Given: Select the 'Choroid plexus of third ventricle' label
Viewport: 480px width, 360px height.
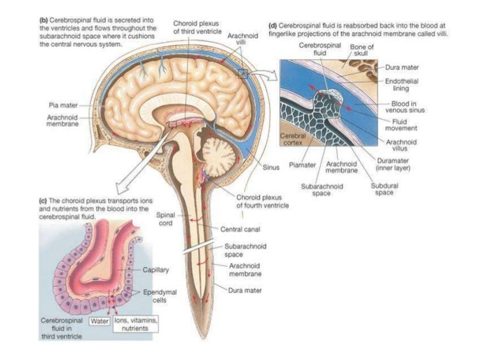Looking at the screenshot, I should [193, 26].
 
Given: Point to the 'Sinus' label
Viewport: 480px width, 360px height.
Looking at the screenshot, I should [271, 167].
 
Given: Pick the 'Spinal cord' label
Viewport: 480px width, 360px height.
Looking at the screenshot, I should [165, 218].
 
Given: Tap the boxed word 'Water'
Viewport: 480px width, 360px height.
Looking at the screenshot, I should [100, 322].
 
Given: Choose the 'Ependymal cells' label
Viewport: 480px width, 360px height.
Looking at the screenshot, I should [155, 295].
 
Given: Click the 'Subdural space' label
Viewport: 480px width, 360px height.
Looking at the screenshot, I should [384, 189].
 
